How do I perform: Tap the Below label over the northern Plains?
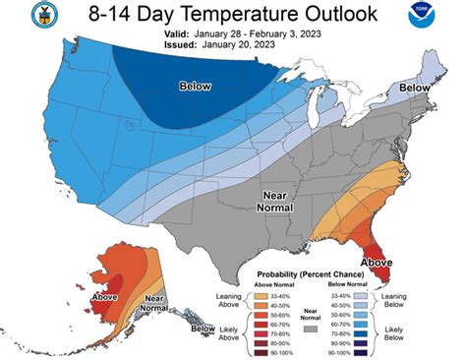(x=196, y=87)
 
